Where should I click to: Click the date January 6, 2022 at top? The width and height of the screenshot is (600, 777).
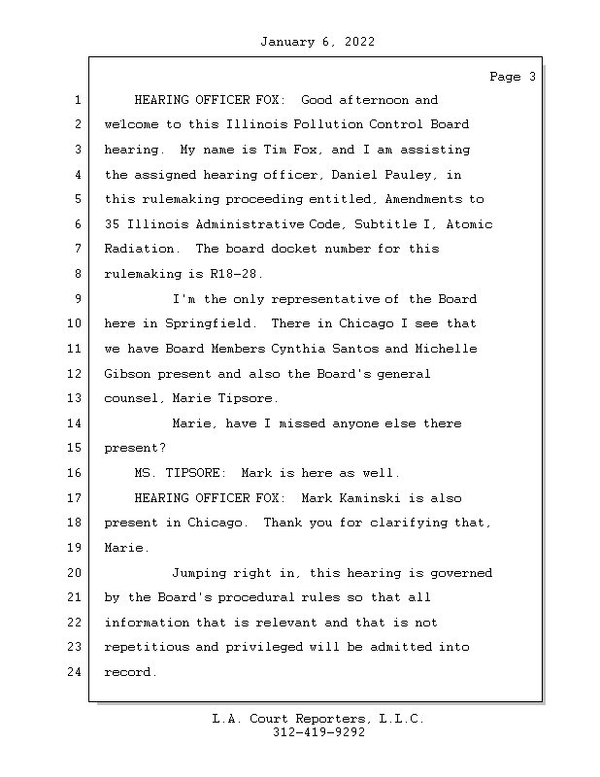tap(317, 42)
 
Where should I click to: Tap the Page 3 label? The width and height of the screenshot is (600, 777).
tap(512, 77)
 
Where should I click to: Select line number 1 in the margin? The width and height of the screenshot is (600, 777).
tap(75, 100)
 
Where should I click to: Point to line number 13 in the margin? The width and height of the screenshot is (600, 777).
tap(75, 398)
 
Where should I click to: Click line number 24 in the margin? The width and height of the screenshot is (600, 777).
tap(75, 672)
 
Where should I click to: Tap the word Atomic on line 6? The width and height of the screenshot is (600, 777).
tap(470, 224)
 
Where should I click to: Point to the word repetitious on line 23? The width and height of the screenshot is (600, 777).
tap(146, 647)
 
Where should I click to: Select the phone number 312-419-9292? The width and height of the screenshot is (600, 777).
tap(318, 732)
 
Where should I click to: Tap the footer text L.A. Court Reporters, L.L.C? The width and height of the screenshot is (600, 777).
tap(318, 719)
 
